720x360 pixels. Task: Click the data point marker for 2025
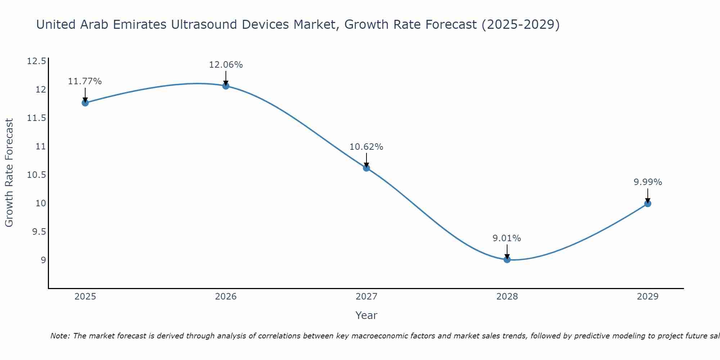click(85, 103)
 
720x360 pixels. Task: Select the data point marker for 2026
click(226, 86)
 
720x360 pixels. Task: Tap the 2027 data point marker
click(366, 168)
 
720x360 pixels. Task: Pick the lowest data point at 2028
click(507, 259)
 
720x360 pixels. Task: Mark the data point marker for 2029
click(648, 204)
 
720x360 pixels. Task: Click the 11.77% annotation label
click(85, 81)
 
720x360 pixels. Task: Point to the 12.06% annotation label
click(226, 65)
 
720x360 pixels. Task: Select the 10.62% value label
click(366, 147)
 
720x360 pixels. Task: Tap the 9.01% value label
click(507, 238)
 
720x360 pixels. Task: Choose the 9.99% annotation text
click(648, 182)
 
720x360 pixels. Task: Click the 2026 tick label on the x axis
click(226, 297)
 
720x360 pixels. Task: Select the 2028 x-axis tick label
click(507, 297)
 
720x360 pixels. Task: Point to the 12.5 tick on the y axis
click(37, 61)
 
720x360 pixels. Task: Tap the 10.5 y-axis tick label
click(37, 175)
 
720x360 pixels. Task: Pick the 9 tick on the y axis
click(43, 260)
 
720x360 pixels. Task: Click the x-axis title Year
click(366, 315)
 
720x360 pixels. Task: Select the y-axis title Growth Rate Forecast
click(9, 173)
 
